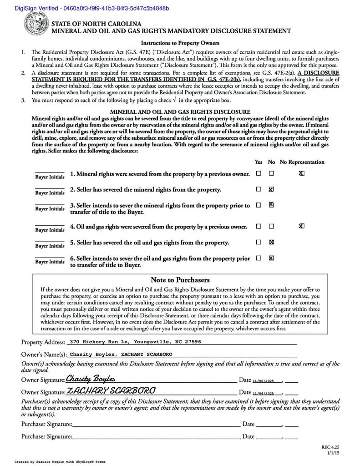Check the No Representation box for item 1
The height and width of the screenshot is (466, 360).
click(x=301, y=173)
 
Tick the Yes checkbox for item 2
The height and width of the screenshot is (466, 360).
click(x=259, y=189)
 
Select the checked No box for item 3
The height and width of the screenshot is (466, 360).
click(x=271, y=205)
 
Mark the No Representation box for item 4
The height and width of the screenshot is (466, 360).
click(x=301, y=226)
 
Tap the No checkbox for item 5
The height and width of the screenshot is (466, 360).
click(x=271, y=242)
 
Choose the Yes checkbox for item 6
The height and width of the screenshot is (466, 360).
click(x=259, y=258)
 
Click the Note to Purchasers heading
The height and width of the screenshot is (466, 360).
click(x=180, y=280)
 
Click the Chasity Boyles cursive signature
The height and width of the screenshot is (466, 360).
click(x=91, y=379)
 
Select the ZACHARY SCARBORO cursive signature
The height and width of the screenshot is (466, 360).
click(x=111, y=390)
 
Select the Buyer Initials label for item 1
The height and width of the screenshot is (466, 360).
click(x=50, y=177)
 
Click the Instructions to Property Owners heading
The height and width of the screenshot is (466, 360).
click(x=180, y=43)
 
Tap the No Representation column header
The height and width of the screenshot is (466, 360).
click(x=302, y=162)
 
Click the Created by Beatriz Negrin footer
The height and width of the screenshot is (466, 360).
click(x=60, y=461)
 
